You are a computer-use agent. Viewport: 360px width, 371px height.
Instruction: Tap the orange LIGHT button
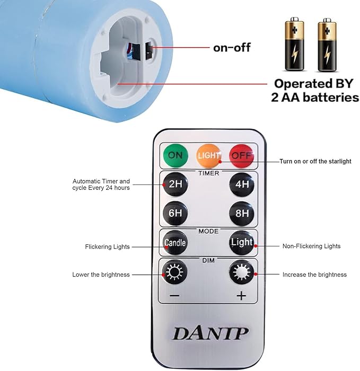point(208,155)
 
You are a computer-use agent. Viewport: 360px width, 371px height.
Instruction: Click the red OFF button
point(242,155)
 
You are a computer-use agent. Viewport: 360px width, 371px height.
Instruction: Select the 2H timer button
point(175,185)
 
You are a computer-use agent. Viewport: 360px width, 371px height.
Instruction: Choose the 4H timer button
point(242,185)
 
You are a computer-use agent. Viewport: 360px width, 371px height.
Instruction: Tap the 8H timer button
point(242,214)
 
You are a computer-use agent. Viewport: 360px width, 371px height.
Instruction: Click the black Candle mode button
point(175,243)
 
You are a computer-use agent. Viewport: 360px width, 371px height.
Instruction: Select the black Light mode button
point(242,243)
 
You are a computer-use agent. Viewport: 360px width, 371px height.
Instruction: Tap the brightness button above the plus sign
point(242,273)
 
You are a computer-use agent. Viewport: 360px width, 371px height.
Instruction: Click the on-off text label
point(232,48)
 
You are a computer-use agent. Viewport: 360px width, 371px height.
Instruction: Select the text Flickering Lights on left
point(107,247)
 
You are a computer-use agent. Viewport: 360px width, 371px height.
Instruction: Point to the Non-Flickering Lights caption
point(311,246)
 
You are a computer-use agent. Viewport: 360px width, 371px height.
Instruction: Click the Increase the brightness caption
point(314,275)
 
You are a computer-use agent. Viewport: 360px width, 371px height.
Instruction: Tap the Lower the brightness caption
point(101,275)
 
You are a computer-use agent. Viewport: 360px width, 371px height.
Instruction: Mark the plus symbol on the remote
point(242,296)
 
